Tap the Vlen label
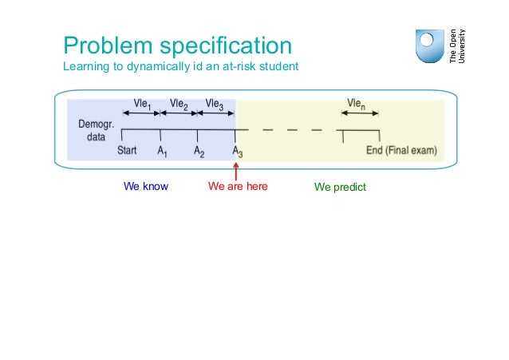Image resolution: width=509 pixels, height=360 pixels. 357,103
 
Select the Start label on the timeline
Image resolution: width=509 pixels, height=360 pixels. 127,150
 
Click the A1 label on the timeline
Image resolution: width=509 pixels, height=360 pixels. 162,151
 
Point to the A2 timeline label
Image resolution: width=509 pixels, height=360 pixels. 199,151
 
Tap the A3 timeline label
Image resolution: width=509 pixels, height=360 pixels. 237,151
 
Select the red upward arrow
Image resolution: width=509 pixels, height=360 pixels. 236,172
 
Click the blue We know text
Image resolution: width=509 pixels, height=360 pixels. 146,188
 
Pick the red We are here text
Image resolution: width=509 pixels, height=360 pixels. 237,188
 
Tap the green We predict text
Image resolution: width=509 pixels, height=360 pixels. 339,188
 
